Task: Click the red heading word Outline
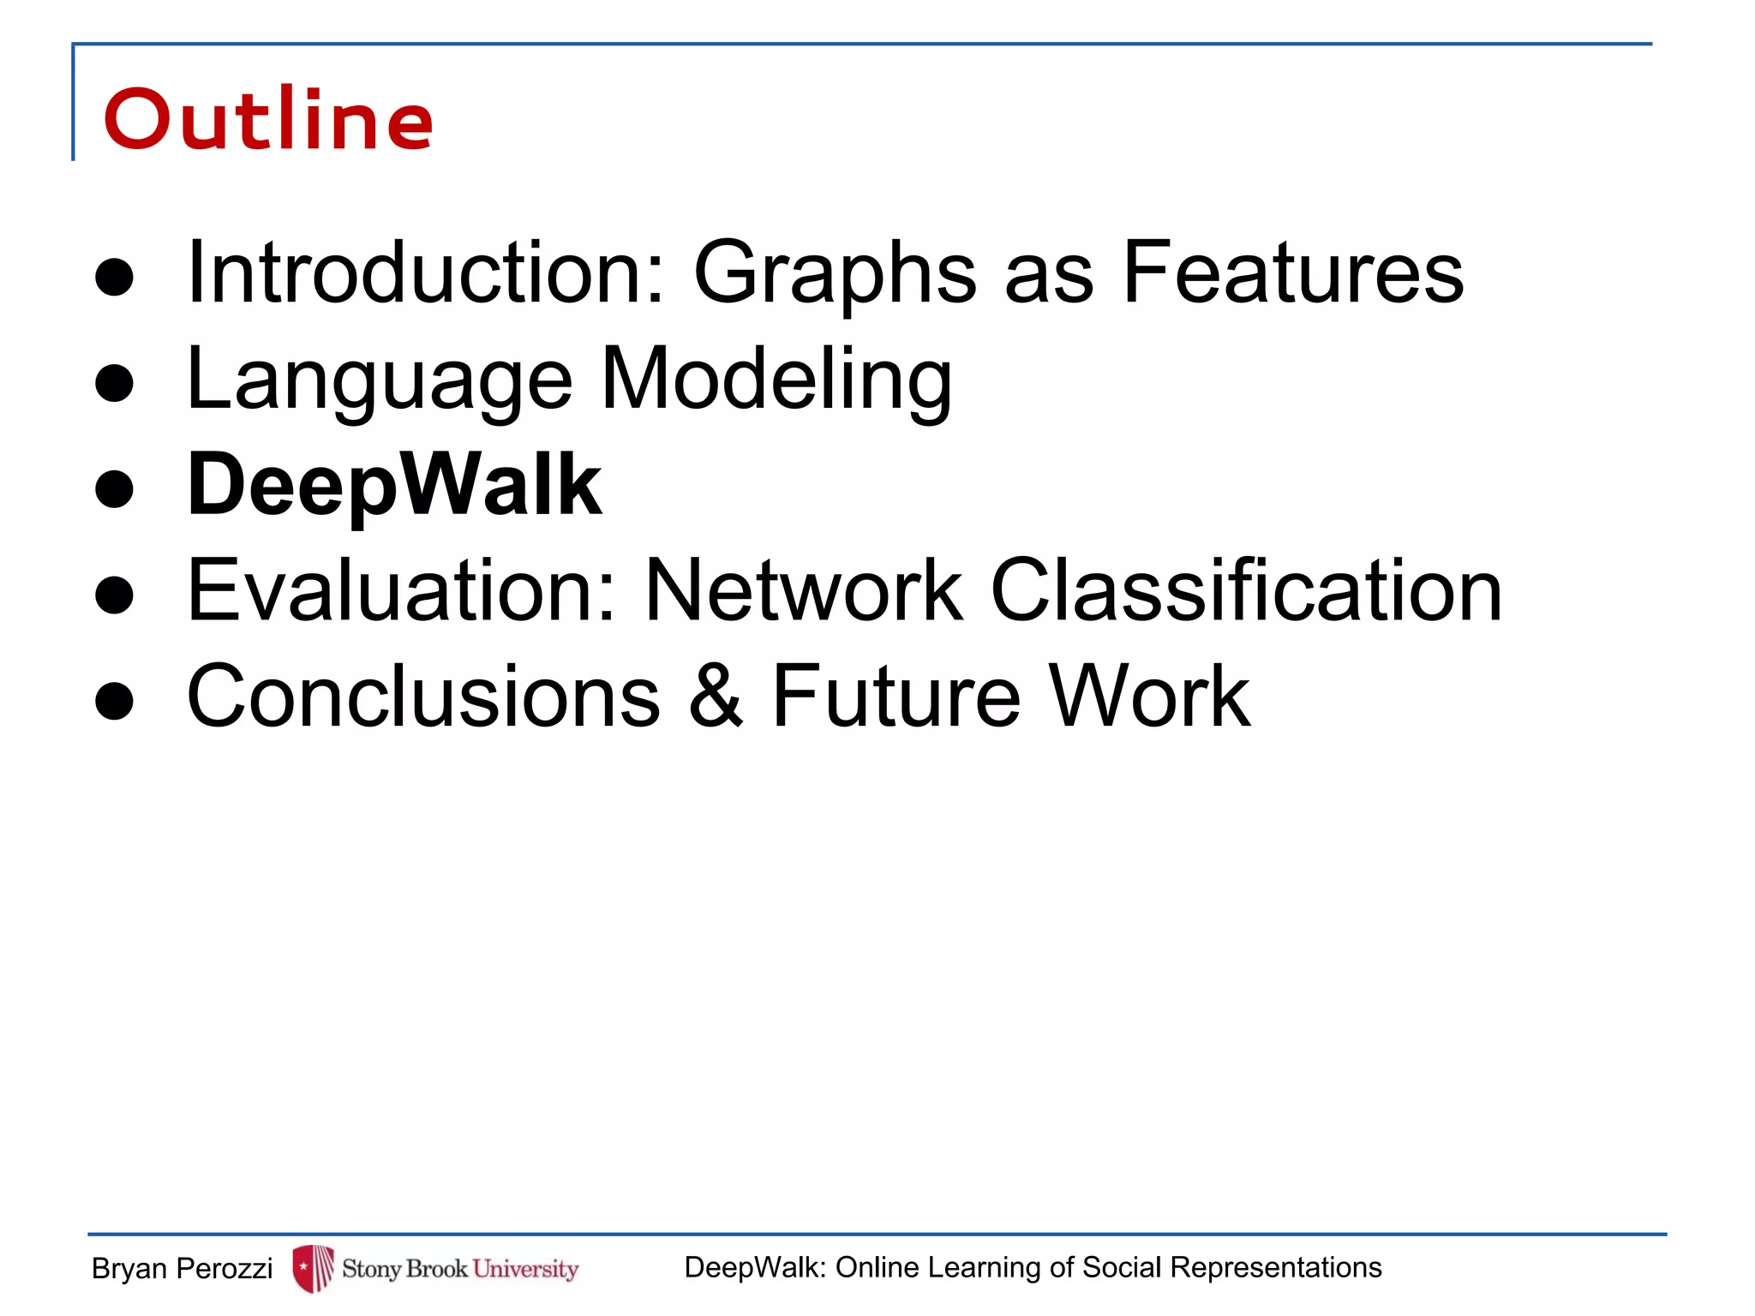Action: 268,120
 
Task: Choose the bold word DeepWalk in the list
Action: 395,486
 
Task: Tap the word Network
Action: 804,590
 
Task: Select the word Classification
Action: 1246,590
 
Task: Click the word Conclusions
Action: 423,697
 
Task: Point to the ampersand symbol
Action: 716,697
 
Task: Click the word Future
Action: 896,697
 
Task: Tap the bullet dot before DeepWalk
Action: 115,489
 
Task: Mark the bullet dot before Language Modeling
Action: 115,383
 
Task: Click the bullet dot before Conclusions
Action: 115,700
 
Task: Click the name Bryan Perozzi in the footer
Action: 182,1268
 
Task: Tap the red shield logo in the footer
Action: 313,1268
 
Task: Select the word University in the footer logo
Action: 525,1268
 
